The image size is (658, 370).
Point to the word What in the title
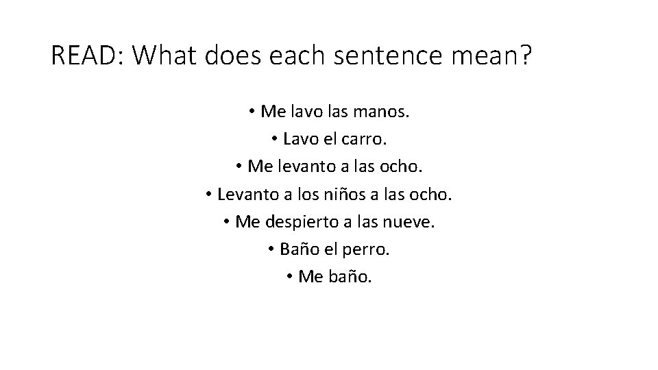coord(165,57)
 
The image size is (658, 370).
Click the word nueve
coord(411,222)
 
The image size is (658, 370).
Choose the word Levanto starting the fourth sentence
coord(245,195)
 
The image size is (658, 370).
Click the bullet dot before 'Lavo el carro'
coord(273,140)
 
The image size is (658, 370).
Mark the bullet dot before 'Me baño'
coord(291,277)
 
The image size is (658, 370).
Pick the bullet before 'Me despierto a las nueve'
coord(226,223)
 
